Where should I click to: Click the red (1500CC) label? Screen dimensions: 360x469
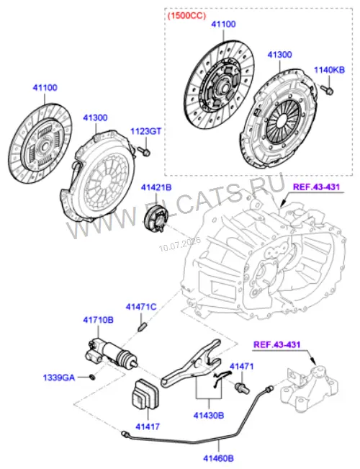[x=186, y=16]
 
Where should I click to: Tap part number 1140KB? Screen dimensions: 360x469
[x=329, y=70]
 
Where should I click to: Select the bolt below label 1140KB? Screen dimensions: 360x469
[x=328, y=90]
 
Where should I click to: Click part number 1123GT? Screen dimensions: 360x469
[x=145, y=131]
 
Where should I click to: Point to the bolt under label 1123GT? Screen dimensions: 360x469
[x=144, y=151]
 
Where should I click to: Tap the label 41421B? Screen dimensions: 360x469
[x=156, y=187]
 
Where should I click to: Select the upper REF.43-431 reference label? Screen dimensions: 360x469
[x=316, y=187]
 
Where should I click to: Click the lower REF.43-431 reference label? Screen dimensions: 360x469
[x=277, y=344]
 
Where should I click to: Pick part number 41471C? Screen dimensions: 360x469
[x=141, y=307]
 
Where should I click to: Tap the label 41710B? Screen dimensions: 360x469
[x=99, y=320]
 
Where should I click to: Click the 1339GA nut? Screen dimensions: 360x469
[x=93, y=377]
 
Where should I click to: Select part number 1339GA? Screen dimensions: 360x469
[x=59, y=378]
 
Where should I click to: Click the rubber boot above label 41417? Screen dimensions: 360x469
[x=145, y=393]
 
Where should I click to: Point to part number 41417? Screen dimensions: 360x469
[x=148, y=426]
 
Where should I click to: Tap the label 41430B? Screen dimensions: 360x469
[x=209, y=415]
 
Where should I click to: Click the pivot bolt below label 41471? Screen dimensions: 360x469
[x=242, y=388]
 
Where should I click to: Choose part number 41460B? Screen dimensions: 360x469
[x=219, y=458]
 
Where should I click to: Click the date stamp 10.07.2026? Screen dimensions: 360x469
[x=180, y=244]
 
